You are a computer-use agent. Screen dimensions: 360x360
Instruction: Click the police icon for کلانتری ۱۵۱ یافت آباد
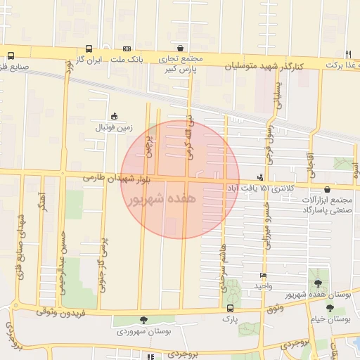[x=261, y=177]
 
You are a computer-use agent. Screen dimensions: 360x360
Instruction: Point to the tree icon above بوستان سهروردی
[x=143, y=320]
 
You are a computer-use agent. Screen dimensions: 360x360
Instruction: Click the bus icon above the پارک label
[x=230, y=308]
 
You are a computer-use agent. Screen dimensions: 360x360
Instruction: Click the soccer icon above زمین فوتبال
[x=115, y=117]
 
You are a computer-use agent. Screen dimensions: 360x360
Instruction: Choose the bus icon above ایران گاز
[x=89, y=49]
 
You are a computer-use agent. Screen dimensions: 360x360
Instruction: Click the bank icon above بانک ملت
[x=127, y=49]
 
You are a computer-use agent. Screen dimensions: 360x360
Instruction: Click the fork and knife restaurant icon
[x=348, y=54]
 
